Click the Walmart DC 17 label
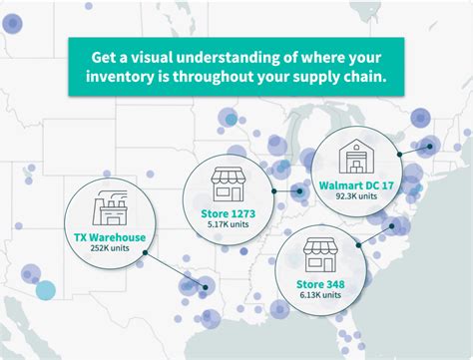(x=357, y=184)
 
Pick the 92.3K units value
(x=357, y=197)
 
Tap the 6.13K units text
(x=319, y=295)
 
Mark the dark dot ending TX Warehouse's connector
(x=205, y=291)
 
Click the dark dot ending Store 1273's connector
(x=300, y=190)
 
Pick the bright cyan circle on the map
(x=45, y=290)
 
